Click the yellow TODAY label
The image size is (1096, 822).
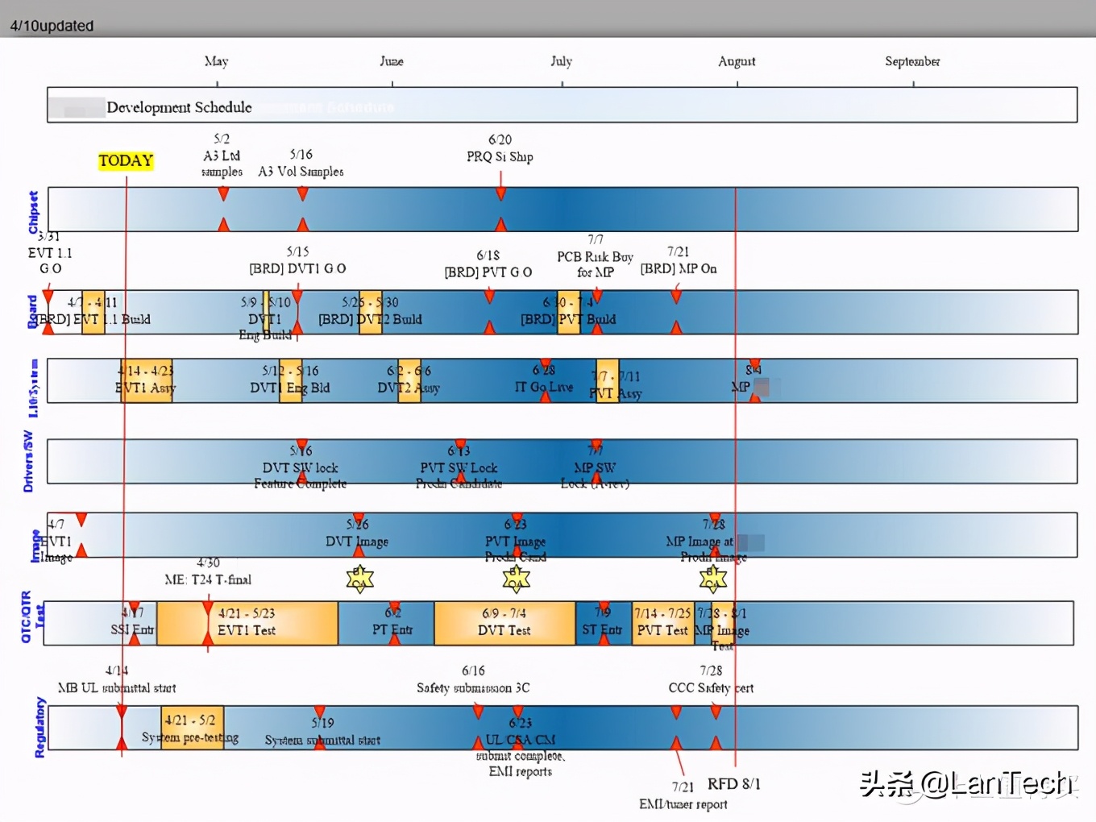pyautogui.click(x=126, y=160)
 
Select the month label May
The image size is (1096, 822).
pyautogui.click(x=216, y=61)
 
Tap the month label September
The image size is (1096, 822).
pyautogui.click(x=912, y=61)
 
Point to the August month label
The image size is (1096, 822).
pyautogui.click(x=737, y=61)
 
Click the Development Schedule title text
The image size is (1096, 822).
pyautogui.click(x=179, y=107)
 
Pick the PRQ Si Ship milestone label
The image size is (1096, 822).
pyautogui.click(x=500, y=156)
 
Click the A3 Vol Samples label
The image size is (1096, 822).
pyautogui.click(x=301, y=172)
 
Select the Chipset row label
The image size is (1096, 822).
pyautogui.click(x=33, y=212)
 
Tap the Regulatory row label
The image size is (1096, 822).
pyautogui.click(x=39, y=728)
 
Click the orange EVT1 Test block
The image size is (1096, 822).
pyautogui.click(x=247, y=623)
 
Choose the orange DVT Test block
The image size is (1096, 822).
pyautogui.click(x=504, y=623)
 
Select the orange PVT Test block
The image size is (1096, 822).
pyautogui.click(x=662, y=623)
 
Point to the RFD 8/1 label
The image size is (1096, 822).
pyautogui.click(x=733, y=784)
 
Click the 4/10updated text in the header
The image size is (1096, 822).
pyautogui.click(x=52, y=26)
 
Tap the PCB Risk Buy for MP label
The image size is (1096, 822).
pyautogui.click(x=595, y=264)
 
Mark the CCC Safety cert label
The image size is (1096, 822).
pyautogui.click(x=711, y=687)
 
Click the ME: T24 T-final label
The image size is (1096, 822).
pyautogui.click(x=208, y=579)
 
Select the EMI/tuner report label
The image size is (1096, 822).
pyautogui.click(x=683, y=803)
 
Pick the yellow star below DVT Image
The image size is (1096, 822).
pyautogui.click(x=359, y=578)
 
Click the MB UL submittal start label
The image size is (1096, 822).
pyautogui.click(x=117, y=687)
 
